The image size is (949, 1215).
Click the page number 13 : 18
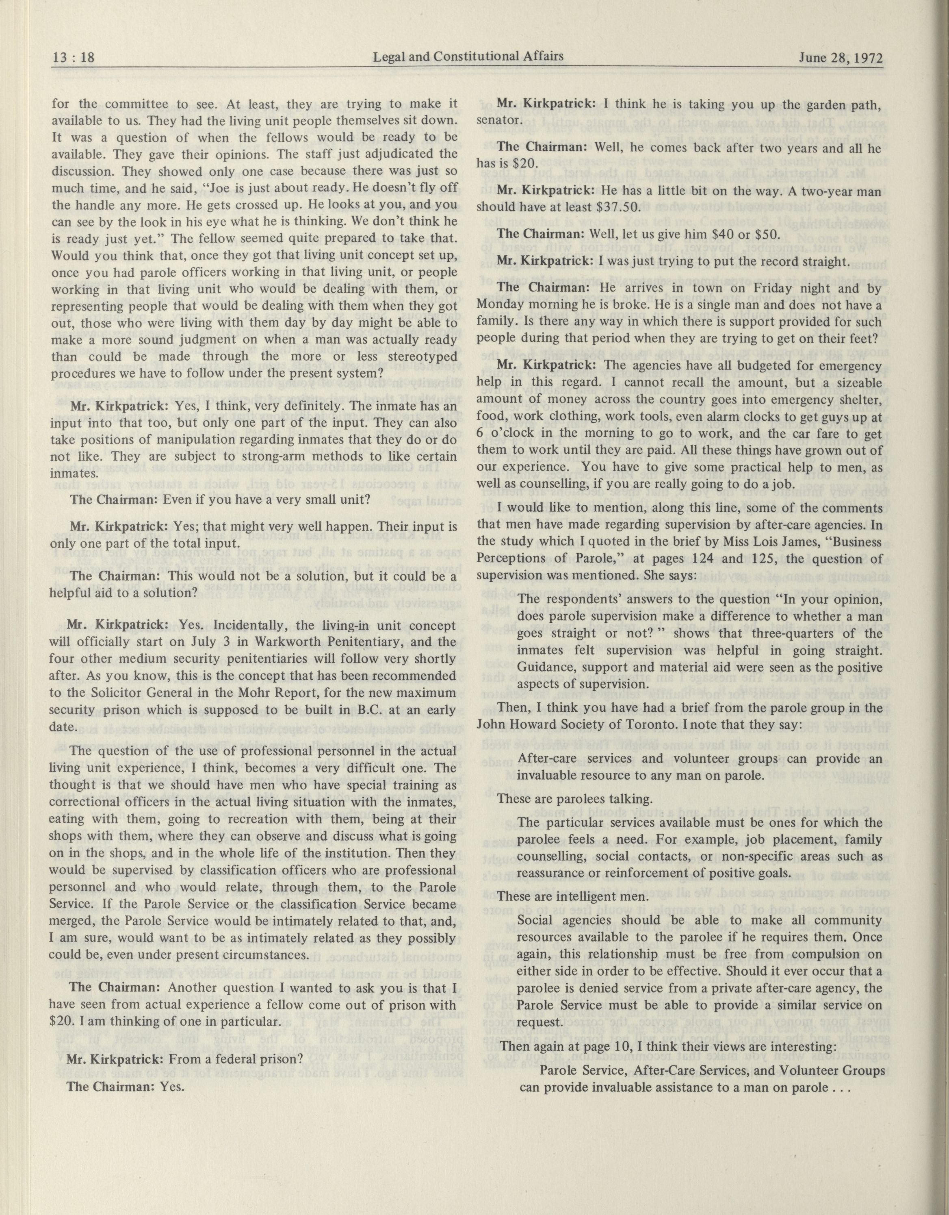pyautogui.click(x=74, y=58)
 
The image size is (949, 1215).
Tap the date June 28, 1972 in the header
pyautogui.click(x=841, y=58)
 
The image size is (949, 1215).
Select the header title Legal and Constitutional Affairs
pyautogui.click(x=468, y=56)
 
